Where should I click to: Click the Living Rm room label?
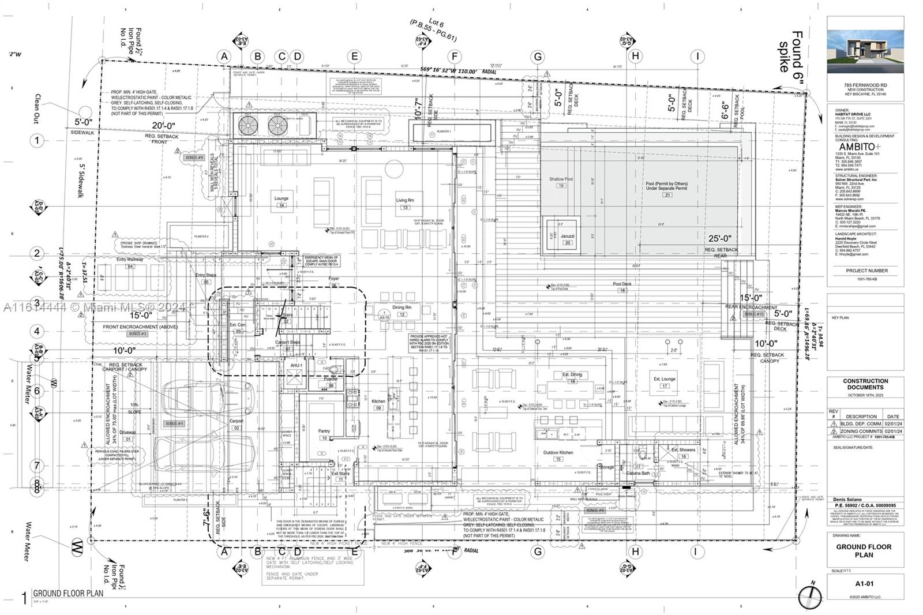click(404, 200)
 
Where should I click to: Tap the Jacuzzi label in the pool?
click(567, 236)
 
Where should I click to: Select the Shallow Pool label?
click(561, 179)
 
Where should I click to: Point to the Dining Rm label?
click(402, 307)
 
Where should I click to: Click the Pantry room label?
click(324, 431)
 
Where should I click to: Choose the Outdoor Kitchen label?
click(558, 453)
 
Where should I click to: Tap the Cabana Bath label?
click(639, 473)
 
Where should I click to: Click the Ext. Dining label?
click(572, 375)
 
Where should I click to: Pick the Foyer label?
click(333, 279)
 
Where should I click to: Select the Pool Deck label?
click(622, 284)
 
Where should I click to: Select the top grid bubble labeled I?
click(697, 57)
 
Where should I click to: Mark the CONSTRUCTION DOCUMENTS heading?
click(865, 384)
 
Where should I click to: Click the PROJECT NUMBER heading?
click(867, 271)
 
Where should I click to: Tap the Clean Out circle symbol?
click(85, 112)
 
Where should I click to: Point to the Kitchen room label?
click(378, 402)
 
